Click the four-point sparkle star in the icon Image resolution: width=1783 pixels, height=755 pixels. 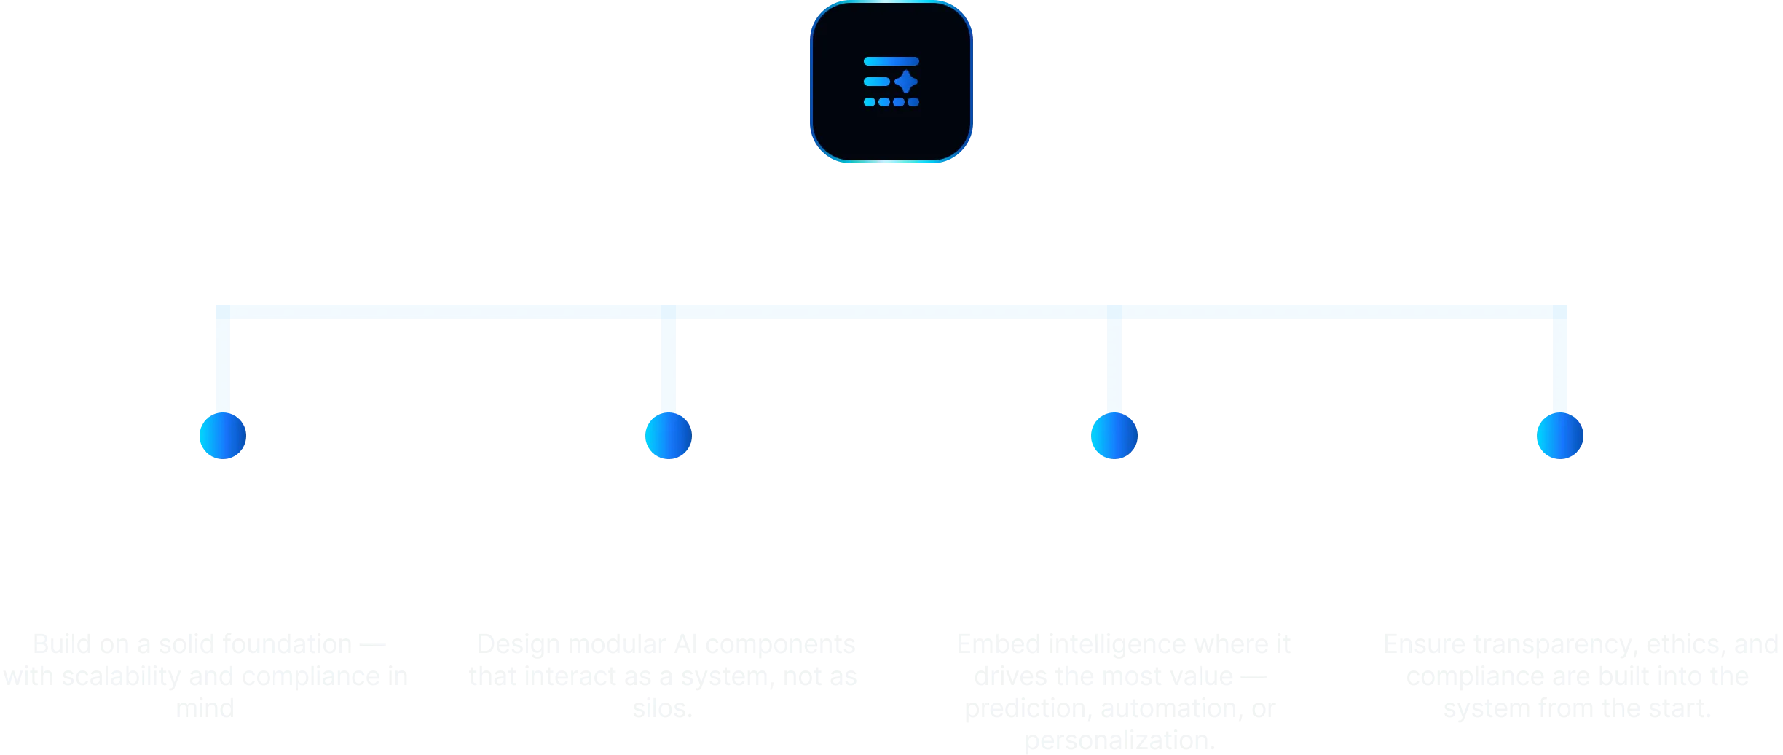[x=906, y=82]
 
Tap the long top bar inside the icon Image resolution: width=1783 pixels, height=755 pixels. [x=891, y=61]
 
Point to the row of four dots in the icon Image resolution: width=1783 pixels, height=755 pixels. [x=891, y=102]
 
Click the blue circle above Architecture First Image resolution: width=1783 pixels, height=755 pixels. [x=223, y=436]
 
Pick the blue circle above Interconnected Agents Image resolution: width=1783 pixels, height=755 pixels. [x=668, y=436]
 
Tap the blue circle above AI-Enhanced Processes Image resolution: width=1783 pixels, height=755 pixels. [x=1114, y=436]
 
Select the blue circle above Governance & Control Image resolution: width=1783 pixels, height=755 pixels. [x=1559, y=436]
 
